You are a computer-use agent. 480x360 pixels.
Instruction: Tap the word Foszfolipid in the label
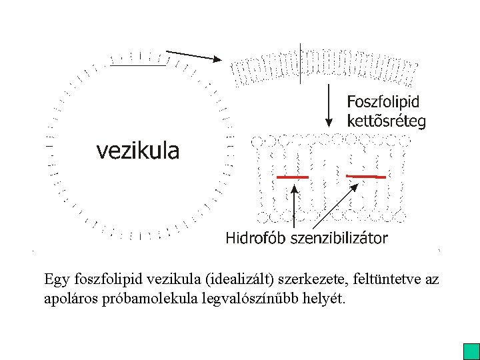click(383, 102)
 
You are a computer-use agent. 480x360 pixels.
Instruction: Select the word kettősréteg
click(386, 121)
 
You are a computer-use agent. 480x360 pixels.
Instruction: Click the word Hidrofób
click(257, 238)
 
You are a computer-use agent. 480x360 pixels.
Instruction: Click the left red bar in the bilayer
click(293, 177)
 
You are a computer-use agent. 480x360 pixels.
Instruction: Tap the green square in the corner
click(471, 351)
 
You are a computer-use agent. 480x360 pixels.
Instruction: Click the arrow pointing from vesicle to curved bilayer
click(193, 55)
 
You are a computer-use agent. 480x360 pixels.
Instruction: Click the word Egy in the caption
click(56, 279)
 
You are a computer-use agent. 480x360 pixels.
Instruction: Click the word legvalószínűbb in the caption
click(243, 297)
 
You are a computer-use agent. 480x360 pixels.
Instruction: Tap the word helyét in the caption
click(325, 297)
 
